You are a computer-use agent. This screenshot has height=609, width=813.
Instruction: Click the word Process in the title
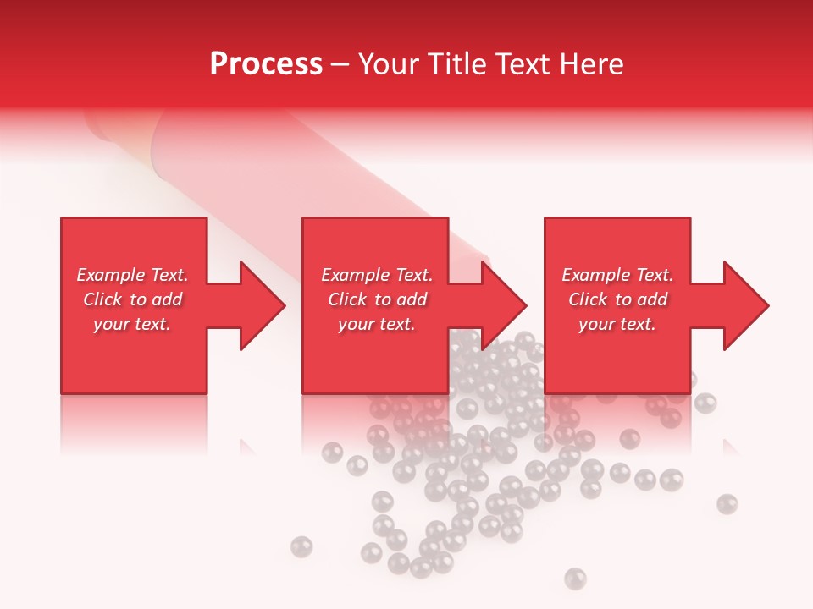pyautogui.click(x=266, y=64)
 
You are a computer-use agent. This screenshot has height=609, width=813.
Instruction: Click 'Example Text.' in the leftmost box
pyautogui.click(x=132, y=275)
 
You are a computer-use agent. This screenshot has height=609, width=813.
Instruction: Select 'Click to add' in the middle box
pyautogui.click(x=377, y=299)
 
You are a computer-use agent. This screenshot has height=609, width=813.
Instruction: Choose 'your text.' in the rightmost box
pyautogui.click(x=617, y=324)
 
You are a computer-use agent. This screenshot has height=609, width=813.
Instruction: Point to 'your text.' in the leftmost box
pyautogui.click(x=132, y=324)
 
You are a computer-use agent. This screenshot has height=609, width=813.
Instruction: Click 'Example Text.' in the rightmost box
pyautogui.click(x=617, y=275)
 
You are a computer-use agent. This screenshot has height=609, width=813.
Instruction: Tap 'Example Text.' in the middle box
pyautogui.click(x=377, y=275)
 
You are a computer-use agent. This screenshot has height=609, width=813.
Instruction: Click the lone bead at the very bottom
pyautogui.click(x=575, y=578)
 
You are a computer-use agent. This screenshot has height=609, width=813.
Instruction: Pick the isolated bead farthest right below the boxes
pyautogui.click(x=727, y=504)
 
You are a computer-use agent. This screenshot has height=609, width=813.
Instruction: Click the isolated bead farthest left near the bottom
pyautogui.click(x=301, y=547)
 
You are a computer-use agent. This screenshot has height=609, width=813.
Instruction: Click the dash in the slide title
pyautogui.click(x=340, y=65)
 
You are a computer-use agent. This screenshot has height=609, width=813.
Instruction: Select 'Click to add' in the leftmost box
pyautogui.click(x=132, y=299)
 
